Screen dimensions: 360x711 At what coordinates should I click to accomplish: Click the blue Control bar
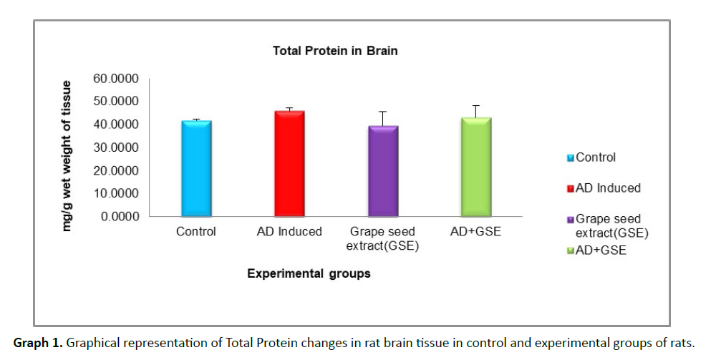coord(196,168)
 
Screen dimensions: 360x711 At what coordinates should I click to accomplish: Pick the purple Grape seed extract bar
coord(383,171)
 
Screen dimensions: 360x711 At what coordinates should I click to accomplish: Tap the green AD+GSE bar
coord(475,167)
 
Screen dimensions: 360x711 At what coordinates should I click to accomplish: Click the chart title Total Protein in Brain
coord(335,51)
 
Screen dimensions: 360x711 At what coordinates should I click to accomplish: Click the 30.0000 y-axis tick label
coord(117,147)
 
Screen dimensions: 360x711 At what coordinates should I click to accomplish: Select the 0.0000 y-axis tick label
coord(120,216)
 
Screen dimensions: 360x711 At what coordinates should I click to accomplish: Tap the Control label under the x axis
coord(196,232)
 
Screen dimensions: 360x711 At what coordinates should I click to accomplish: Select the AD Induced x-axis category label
coord(289,232)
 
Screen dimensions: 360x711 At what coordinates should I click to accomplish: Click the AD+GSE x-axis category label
coord(475,232)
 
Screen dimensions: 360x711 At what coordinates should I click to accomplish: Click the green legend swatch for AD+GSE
coord(571,251)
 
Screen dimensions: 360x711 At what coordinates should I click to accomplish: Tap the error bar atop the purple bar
coord(383,117)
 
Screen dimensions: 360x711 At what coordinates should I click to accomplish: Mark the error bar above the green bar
coord(475,110)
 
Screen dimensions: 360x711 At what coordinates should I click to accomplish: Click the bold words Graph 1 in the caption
coord(37,343)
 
